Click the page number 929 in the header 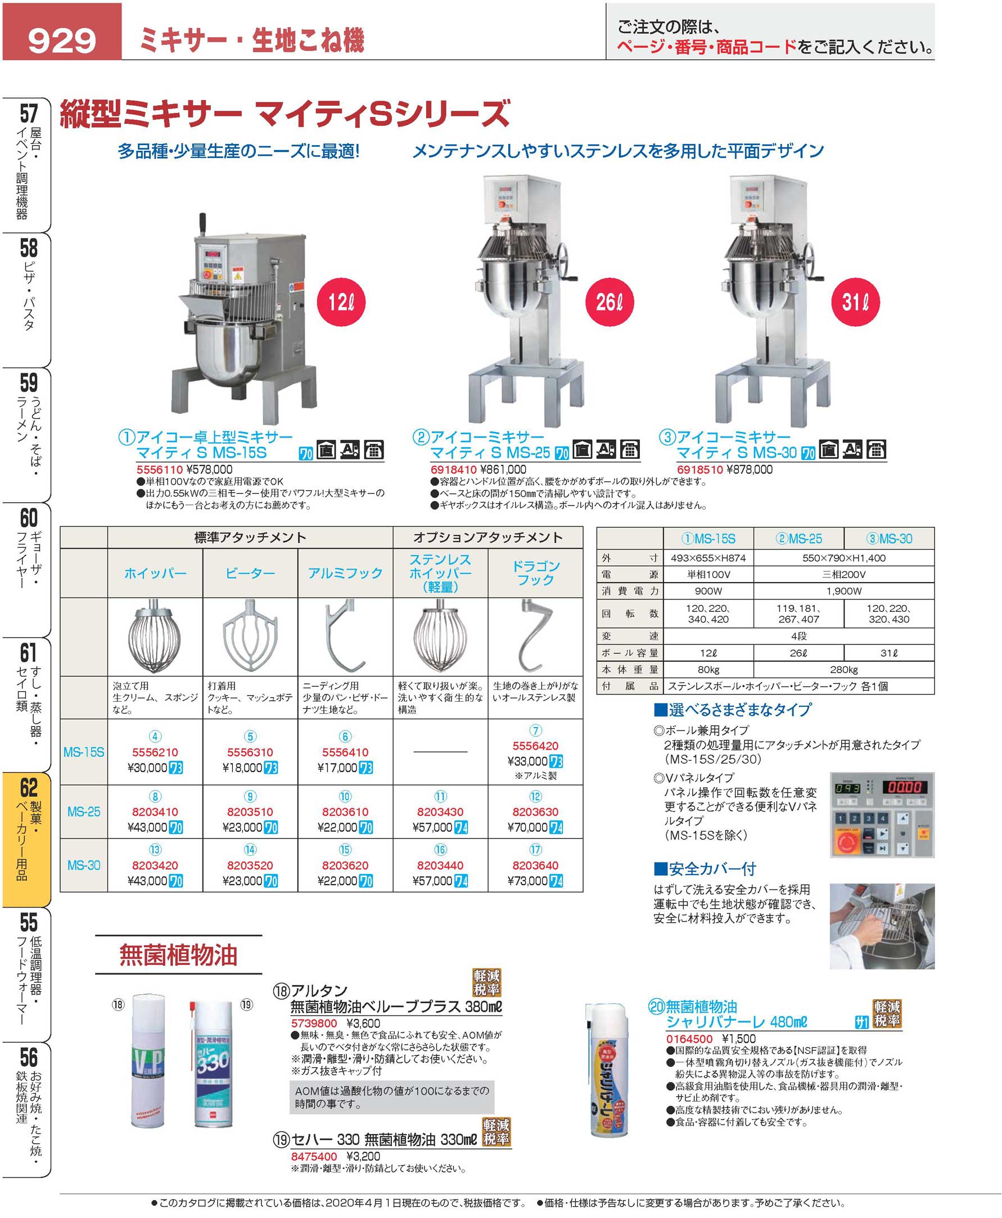[x=62, y=40]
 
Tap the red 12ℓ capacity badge [x=341, y=302]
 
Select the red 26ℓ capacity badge [x=610, y=302]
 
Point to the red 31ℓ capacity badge [x=855, y=302]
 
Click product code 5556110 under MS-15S [x=159, y=470]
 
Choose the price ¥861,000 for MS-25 [x=502, y=470]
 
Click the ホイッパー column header [x=155, y=573]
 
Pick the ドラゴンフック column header [x=536, y=573]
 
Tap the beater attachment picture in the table [x=250, y=635]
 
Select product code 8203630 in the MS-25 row [x=535, y=811]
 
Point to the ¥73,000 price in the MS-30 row [x=527, y=881]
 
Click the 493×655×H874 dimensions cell [x=708, y=558]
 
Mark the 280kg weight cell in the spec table [x=843, y=670]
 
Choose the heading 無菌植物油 [x=178, y=955]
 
